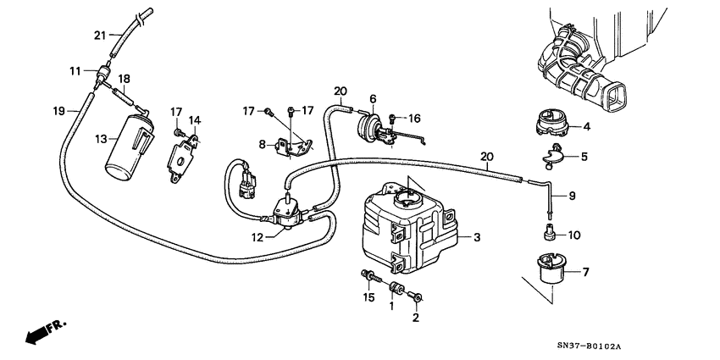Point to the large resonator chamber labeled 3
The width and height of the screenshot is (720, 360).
pos(407,233)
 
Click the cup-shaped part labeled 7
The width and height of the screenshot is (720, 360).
pos(547,271)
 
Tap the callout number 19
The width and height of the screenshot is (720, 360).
pos(59,110)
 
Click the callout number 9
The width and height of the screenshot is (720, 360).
pos(571,197)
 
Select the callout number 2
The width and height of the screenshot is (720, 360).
pos(415,318)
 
